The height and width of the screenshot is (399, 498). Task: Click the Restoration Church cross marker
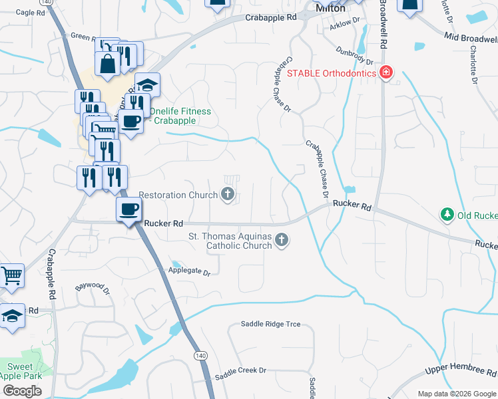pyautogui.click(x=228, y=195)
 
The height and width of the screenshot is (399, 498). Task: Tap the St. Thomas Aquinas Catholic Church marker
pyautogui.click(x=282, y=240)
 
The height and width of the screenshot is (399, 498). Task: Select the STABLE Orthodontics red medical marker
pyautogui.click(x=385, y=72)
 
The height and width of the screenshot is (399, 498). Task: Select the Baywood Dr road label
pyautogui.click(x=91, y=287)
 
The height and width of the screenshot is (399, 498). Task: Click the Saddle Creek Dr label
pyautogui.click(x=240, y=371)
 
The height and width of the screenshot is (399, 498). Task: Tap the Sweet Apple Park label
pyautogui.click(x=19, y=371)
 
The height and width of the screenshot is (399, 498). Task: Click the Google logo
pyautogui.click(x=22, y=390)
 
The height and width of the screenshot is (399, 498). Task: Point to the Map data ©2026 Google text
pyautogui.click(x=457, y=394)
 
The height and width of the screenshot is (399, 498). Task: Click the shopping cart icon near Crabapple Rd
pyautogui.click(x=11, y=275)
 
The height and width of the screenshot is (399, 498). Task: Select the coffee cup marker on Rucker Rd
pyautogui.click(x=129, y=209)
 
